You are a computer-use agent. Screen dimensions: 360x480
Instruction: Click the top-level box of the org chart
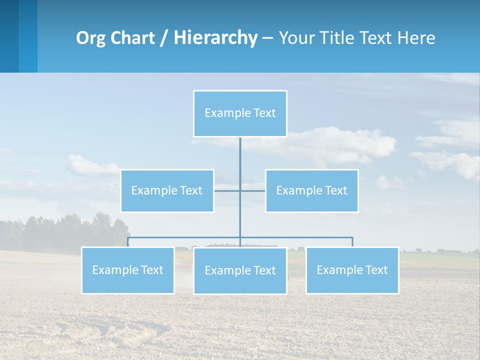(240, 113)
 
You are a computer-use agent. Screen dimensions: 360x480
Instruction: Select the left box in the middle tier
(167, 190)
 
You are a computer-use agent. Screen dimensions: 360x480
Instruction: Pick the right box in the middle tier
(311, 190)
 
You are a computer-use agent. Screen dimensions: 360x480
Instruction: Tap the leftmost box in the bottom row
(128, 270)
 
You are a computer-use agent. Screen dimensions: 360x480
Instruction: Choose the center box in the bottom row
(240, 270)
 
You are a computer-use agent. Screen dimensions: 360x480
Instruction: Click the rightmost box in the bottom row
(352, 270)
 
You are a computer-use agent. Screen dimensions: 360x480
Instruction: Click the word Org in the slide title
(91, 38)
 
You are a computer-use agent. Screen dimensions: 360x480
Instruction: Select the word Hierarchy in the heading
(215, 38)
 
